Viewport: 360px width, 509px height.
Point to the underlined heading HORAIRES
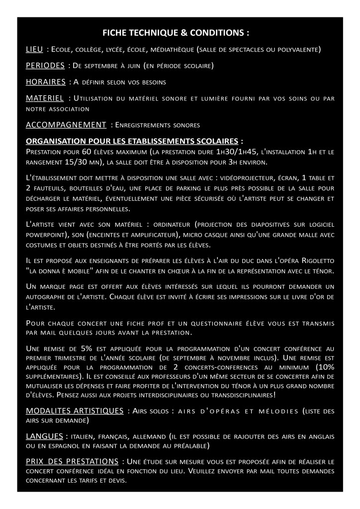click(45, 82)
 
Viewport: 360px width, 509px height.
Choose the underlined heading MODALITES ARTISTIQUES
click(75, 411)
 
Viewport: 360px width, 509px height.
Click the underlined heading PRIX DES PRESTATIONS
click(72, 461)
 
